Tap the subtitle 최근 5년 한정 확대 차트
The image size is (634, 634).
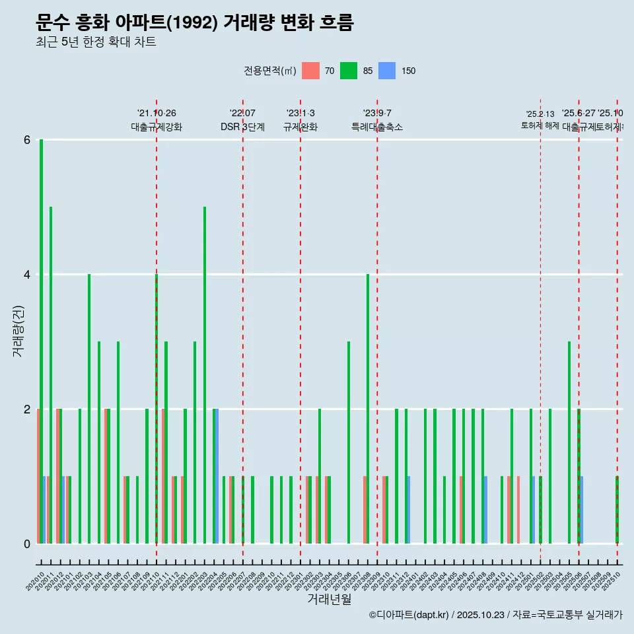click(x=96, y=43)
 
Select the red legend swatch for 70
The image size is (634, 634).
click(x=310, y=71)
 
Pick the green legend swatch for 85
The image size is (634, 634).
click(x=349, y=71)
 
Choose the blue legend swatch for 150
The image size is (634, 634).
click(x=387, y=71)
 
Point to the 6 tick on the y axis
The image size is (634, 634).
click(x=27, y=140)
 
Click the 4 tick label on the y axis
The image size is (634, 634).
click(x=27, y=275)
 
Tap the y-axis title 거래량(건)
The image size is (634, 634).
click(x=18, y=330)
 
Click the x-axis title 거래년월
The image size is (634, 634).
click(x=329, y=599)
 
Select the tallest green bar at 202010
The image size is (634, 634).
click(x=41, y=341)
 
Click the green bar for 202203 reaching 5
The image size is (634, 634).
click(x=205, y=375)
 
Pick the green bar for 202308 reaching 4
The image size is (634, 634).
click(x=368, y=409)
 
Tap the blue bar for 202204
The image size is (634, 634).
click(x=217, y=476)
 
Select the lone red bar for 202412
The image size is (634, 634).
click(x=518, y=510)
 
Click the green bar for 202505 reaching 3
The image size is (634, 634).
click(x=569, y=442)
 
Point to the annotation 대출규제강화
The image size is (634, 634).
click(x=157, y=127)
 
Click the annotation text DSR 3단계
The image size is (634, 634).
click(x=242, y=127)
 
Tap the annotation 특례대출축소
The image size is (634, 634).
click(x=376, y=127)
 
